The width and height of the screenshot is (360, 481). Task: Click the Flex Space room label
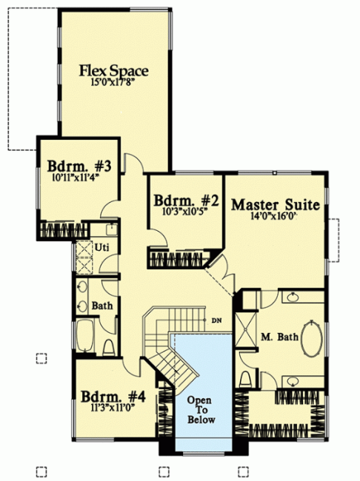click(114, 70)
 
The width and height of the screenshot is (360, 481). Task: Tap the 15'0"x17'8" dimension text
click(113, 83)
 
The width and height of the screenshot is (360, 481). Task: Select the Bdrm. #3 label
click(79, 166)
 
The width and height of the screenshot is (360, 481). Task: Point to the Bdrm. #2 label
click(186, 201)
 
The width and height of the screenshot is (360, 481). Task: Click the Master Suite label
click(276, 205)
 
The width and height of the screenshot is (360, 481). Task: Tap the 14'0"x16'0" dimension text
click(273, 216)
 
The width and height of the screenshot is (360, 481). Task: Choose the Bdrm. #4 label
click(113, 397)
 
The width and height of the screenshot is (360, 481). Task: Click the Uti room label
click(101, 247)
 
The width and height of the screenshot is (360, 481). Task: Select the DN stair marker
click(216, 321)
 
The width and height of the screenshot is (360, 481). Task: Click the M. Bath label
click(279, 337)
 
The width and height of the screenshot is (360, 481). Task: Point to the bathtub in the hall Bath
click(85, 336)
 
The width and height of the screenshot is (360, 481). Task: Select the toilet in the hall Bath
click(108, 348)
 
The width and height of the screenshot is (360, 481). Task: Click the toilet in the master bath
click(245, 379)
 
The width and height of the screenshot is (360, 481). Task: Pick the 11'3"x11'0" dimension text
click(113, 408)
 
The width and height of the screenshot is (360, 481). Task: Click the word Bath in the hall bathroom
click(102, 306)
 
